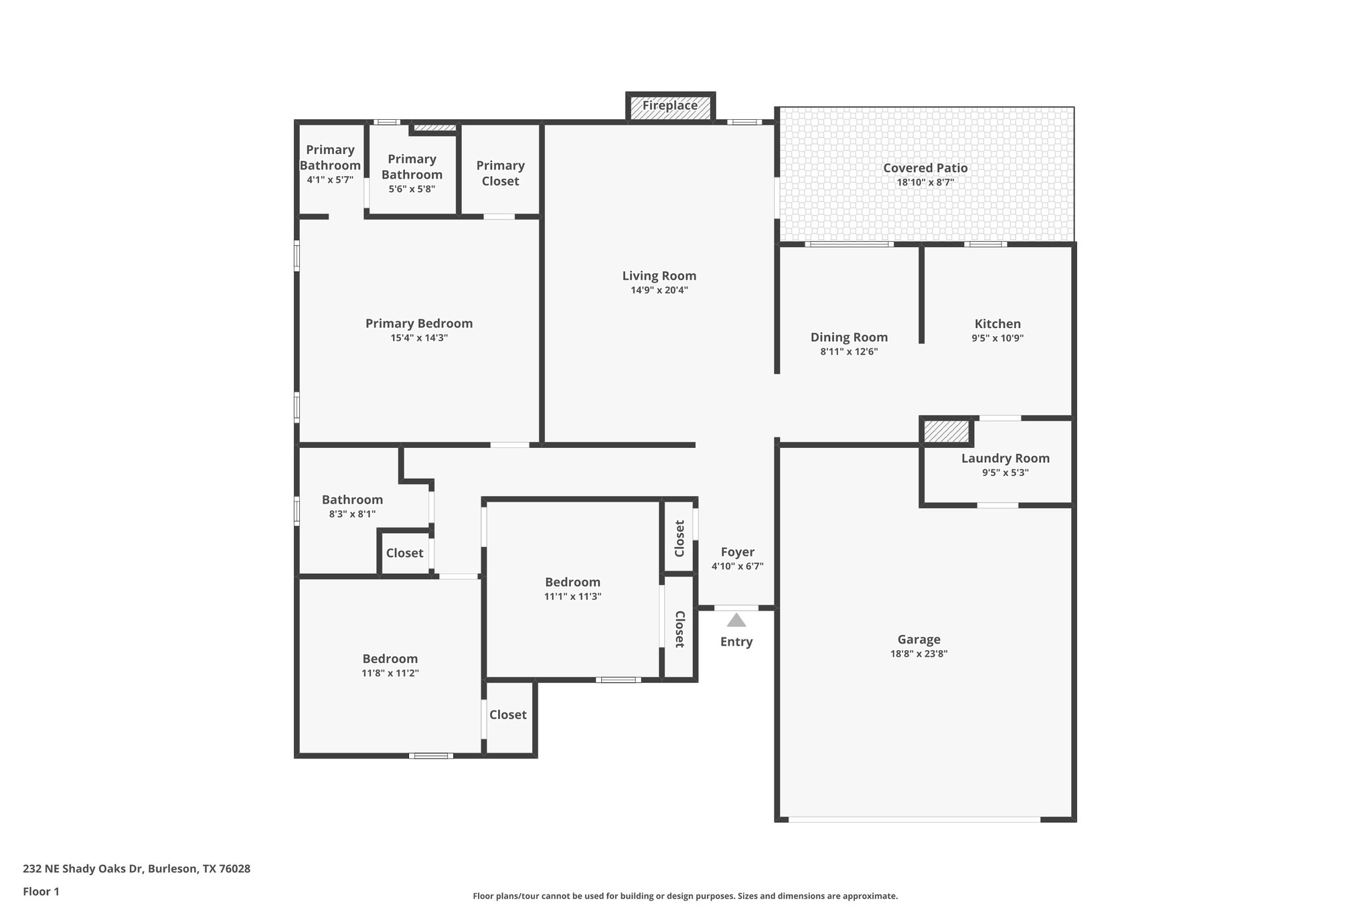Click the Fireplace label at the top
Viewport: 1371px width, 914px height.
pos(669,106)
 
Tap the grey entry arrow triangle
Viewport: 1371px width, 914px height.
pos(736,620)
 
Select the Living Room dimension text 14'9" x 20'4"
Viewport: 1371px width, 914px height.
pos(659,291)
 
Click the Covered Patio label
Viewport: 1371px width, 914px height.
pos(925,168)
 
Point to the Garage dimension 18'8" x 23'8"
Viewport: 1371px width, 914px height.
pos(918,654)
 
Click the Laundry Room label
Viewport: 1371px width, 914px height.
pos(1005,458)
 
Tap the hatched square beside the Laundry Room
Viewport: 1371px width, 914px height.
pos(946,431)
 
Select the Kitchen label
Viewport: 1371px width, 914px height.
pos(997,323)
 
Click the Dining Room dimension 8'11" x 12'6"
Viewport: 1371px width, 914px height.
pos(849,352)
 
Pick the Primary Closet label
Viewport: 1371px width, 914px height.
pos(500,173)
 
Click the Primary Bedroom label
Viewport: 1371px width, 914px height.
pos(419,323)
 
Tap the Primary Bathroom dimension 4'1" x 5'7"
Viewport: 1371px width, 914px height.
pos(330,180)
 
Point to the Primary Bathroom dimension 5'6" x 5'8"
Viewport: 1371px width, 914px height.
pos(412,189)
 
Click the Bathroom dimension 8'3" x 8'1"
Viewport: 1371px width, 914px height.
pos(352,514)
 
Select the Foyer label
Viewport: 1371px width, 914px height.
pos(737,552)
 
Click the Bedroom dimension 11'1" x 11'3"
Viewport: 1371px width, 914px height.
pos(572,597)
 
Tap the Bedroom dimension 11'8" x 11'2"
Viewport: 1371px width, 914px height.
pos(390,674)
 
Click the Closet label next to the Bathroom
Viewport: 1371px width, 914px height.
pos(404,553)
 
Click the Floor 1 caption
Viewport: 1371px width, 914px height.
pos(41,891)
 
